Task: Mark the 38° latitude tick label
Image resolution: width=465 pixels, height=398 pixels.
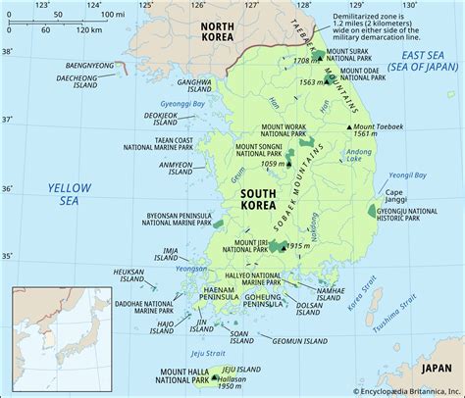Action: coord(9,50)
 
